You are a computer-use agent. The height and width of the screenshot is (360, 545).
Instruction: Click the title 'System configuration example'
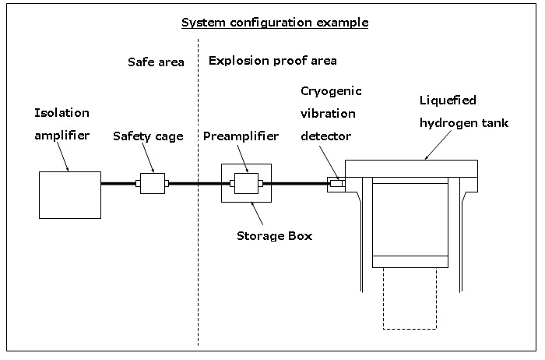(275, 22)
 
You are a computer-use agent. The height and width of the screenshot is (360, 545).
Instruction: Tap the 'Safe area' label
(156, 62)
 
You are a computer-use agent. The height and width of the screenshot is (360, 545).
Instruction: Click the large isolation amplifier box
(70, 195)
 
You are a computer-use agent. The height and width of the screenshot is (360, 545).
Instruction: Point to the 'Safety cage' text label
(148, 136)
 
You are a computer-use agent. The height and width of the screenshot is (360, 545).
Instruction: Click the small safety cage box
(153, 184)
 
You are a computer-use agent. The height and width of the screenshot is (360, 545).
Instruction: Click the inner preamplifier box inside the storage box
(246, 184)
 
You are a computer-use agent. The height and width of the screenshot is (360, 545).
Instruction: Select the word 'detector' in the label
(328, 136)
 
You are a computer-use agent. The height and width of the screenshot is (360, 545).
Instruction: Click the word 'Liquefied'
(447, 101)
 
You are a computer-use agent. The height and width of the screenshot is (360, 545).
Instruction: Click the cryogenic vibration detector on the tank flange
(335, 184)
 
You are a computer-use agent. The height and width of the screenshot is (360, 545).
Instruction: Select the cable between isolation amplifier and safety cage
(118, 184)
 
